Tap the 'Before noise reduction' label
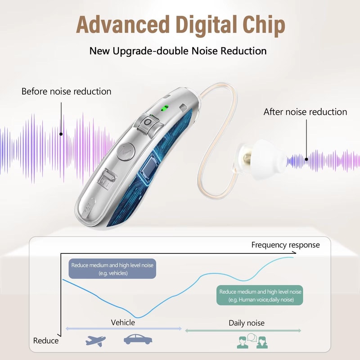coord(66,91)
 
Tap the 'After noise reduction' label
coord(305,112)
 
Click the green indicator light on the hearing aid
coord(165,108)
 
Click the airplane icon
coord(95,340)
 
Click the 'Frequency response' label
coord(285,245)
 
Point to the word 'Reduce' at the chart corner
coord(46,341)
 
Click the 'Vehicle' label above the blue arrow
coord(123,322)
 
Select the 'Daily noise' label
coord(246,323)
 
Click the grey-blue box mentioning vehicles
coord(112,269)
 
